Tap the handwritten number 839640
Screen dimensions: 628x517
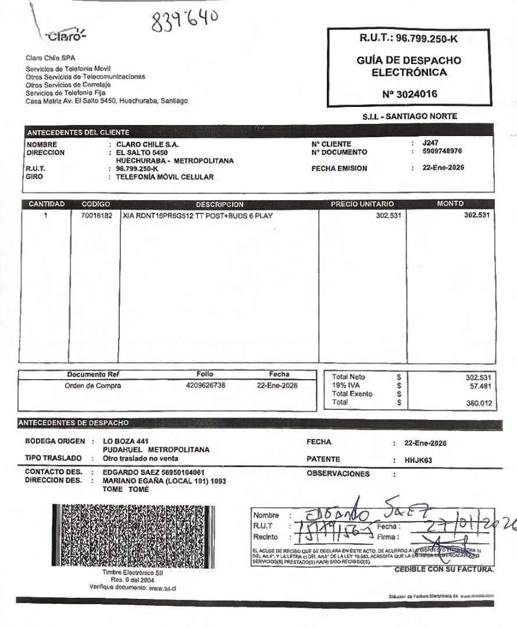(x=183, y=23)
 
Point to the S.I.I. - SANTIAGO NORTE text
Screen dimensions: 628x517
(x=409, y=116)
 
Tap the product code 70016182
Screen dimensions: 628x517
(x=97, y=216)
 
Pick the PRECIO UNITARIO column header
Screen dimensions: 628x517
(x=362, y=204)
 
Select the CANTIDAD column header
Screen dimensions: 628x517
(x=47, y=204)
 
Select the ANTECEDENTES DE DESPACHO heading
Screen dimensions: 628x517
(x=73, y=422)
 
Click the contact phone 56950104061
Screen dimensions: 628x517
(x=180, y=472)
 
